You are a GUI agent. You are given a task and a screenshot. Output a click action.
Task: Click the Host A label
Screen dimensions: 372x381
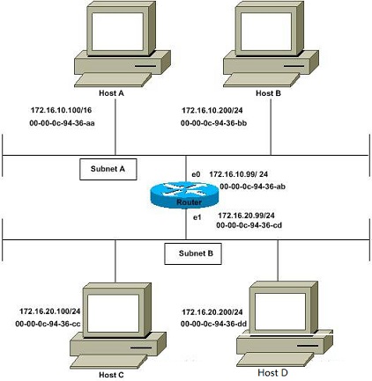111,93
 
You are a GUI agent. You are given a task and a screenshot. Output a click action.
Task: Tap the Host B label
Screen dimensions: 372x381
268,93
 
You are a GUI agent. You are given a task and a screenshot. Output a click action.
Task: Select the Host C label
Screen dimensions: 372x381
111,375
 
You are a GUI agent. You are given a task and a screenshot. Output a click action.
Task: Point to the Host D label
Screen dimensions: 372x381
272,372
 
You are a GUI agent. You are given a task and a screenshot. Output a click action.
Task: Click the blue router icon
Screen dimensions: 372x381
184,194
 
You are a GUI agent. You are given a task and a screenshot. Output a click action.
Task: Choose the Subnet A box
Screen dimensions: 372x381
108,169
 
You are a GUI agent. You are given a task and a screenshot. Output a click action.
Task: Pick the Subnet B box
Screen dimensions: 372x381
193,253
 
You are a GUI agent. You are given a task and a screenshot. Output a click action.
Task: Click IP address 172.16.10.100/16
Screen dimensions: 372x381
61,110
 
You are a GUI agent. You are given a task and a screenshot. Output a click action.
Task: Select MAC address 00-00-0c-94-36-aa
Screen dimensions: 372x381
62,123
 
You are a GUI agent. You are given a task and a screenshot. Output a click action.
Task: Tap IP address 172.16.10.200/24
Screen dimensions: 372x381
212,110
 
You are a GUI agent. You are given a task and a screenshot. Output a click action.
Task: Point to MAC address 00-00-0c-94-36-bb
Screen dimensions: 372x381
213,123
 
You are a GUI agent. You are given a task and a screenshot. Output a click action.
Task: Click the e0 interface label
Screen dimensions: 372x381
196,174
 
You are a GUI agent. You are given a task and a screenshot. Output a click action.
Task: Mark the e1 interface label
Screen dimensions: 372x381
197,217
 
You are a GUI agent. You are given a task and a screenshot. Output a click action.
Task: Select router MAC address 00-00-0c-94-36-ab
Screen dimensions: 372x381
253,187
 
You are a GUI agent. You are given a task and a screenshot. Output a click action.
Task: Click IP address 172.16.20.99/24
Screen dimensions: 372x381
246,216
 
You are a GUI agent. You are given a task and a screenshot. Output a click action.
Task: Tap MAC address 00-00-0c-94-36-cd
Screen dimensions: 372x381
249,225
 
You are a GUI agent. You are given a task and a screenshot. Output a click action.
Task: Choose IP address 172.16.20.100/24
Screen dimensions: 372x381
50,311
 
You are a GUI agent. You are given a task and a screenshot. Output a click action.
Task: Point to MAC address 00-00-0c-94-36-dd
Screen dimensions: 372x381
213,324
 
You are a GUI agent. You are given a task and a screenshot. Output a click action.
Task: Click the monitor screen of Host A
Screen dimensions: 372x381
117,32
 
